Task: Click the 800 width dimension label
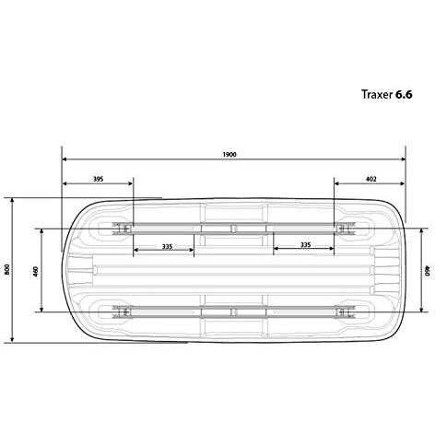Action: point(6,269)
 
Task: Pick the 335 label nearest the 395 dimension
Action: point(166,246)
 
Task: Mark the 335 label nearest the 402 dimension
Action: point(304,246)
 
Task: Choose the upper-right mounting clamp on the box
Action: point(347,226)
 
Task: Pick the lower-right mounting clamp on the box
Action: point(347,312)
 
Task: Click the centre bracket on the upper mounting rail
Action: point(233,226)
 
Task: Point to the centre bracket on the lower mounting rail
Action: point(233,312)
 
